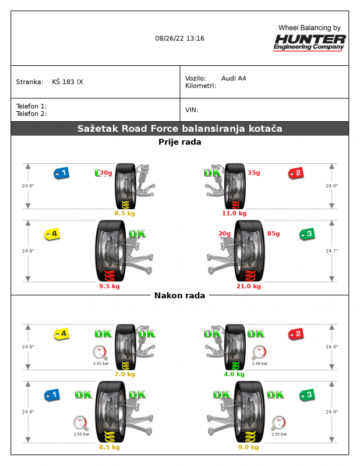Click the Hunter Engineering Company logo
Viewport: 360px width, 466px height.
pos(310,42)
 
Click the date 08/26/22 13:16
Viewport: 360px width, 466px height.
pos(179,38)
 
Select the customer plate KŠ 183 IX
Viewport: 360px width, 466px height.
pos(68,82)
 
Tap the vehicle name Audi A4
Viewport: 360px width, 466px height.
pos(234,78)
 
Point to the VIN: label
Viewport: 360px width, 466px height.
pos(192,110)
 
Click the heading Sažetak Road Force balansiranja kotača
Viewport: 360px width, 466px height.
pos(179,129)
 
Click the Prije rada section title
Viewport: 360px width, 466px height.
pos(179,142)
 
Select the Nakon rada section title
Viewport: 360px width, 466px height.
pos(179,295)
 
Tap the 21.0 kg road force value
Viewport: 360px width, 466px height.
pos(249,286)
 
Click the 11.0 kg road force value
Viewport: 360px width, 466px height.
pos(235,213)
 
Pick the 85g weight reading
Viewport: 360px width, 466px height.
pos(273,234)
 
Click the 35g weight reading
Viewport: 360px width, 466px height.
pos(254,172)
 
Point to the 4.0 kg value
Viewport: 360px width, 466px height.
pos(234,374)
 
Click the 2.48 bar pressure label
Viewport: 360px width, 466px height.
pos(260,363)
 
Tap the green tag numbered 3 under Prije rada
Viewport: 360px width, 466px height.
pos(306,234)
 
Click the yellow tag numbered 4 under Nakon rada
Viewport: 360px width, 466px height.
pos(61,334)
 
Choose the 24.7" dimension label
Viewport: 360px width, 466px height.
pos(332,250)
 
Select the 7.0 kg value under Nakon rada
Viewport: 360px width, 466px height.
pos(125,374)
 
